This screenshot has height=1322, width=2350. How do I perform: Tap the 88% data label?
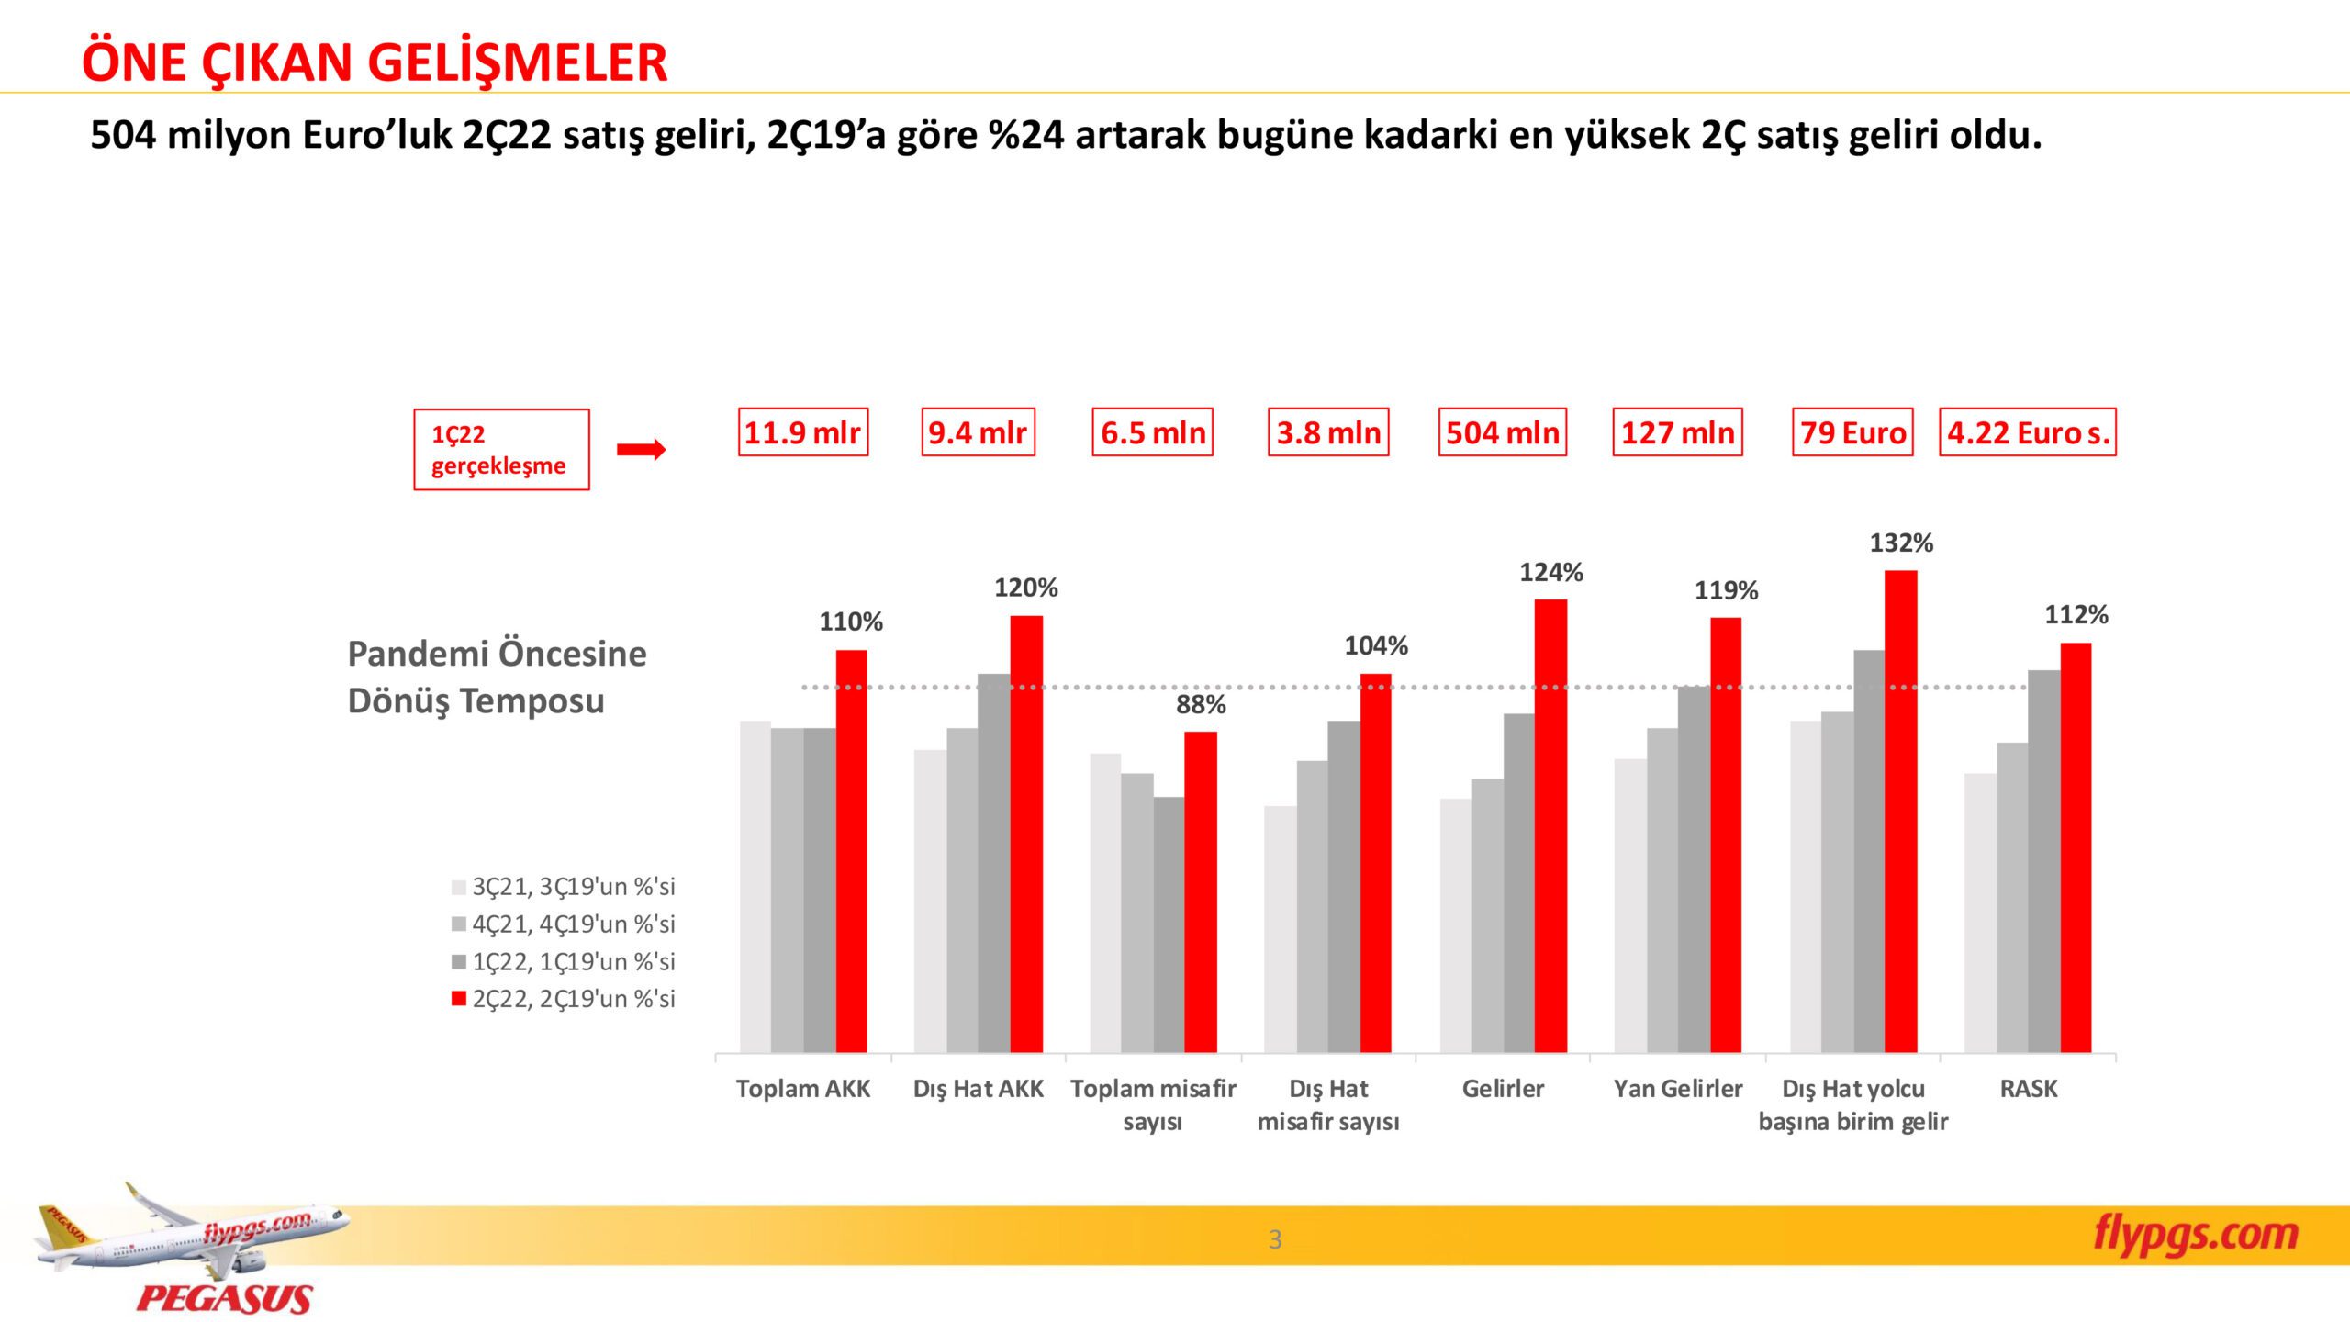1201,704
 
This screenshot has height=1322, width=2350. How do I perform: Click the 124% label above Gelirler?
1550,573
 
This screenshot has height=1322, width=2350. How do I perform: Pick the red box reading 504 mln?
1502,432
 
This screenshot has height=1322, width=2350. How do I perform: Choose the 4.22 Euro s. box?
2028,432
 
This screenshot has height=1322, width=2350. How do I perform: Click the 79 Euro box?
1852,432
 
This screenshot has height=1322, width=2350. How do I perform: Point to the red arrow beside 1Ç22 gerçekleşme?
641,449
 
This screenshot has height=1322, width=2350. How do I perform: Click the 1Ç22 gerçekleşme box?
501,449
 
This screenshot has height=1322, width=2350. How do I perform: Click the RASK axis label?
2028,1089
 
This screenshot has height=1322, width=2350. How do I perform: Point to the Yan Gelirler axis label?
1677,1089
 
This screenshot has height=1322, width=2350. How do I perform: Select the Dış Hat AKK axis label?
978,1089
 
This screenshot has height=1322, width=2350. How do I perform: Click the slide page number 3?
1274,1239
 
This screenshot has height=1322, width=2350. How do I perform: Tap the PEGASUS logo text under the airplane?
224,1299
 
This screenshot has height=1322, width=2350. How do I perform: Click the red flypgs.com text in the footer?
2195,1234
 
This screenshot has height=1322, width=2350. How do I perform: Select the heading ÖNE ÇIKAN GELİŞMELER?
375,62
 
